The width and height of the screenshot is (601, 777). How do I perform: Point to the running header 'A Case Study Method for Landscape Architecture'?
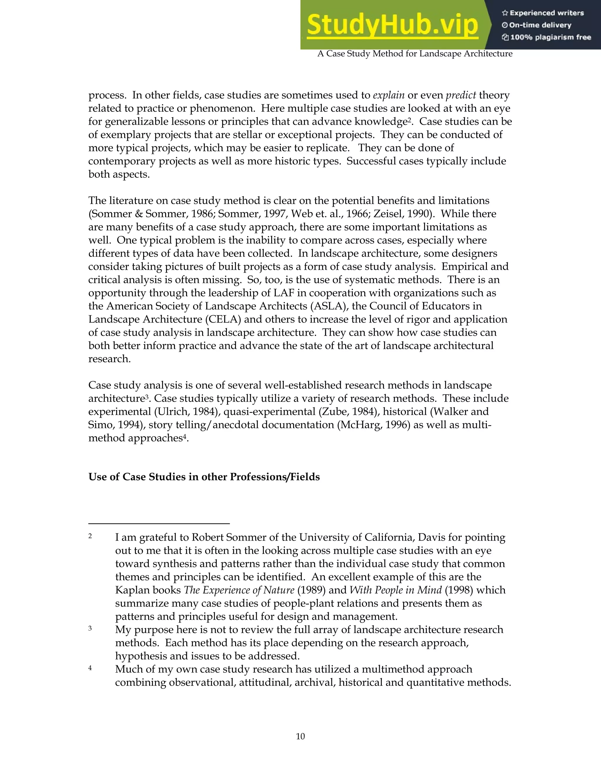(x=415, y=54)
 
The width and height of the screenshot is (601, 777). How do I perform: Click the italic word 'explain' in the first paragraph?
(x=389, y=95)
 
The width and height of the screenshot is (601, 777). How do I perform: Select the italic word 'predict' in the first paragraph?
(x=461, y=95)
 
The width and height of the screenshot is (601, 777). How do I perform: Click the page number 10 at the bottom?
(x=300, y=736)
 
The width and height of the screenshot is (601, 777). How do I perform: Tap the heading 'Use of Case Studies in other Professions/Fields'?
(x=204, y=477)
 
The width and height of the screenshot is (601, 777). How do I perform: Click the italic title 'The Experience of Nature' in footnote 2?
(x=239, y=590)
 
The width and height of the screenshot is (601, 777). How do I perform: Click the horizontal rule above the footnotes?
(x=159, y=523)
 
